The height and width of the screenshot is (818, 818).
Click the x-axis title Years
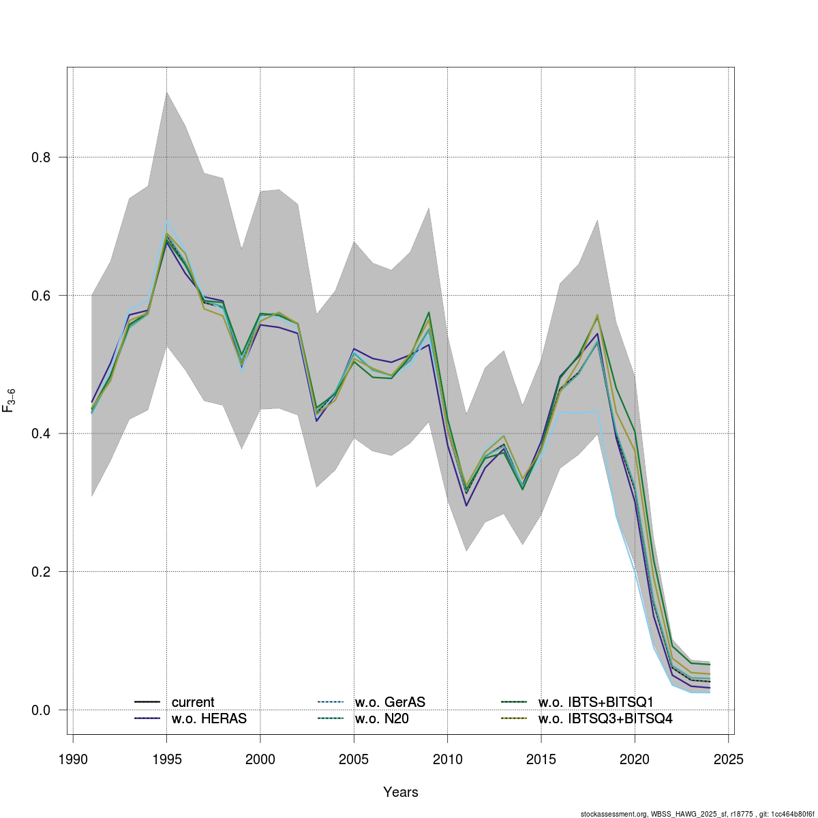point(401,792)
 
